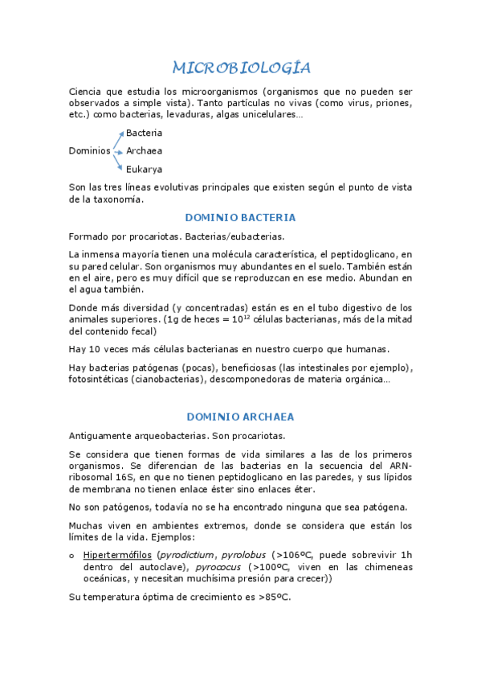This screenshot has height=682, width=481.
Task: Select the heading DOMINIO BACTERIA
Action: coord(240,217)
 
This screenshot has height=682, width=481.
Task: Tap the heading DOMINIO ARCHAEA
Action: coord(240,417)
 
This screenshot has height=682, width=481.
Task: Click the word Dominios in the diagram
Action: coord(89,150)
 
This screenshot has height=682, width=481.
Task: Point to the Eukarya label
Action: coord(144,169)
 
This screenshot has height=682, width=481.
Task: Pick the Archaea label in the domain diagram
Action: coord(144,150)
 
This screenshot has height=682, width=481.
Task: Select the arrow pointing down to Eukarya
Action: coord(118,162)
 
